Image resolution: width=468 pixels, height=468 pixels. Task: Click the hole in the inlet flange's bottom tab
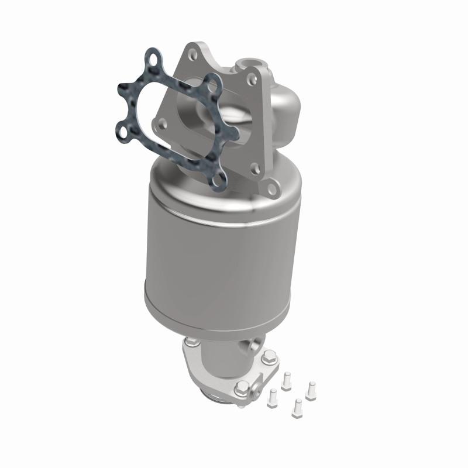270,187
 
